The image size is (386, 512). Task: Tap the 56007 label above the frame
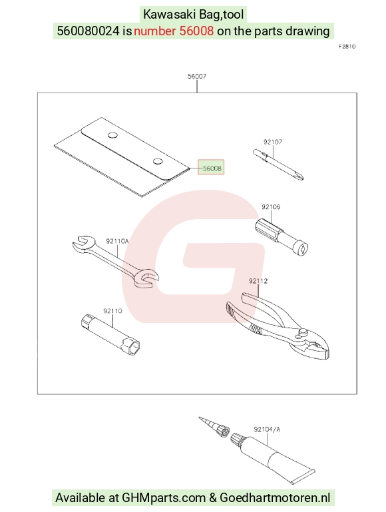(x=197, y=76)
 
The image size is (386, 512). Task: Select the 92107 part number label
(x=273, y=142)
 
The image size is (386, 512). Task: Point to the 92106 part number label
(x=271, y=206)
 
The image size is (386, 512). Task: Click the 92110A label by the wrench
(x=117, y=241)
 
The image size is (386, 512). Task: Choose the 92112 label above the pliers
(x=258, y=281)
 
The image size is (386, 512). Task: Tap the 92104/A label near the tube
(x=267, y=429)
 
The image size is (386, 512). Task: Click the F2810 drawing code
(x=347, y=47)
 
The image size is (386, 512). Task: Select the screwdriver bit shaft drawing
(x=278, y=165)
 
